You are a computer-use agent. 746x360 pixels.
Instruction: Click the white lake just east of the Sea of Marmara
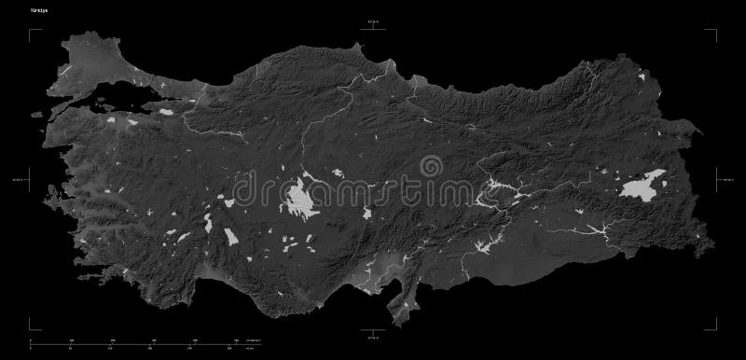click(167, 113)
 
